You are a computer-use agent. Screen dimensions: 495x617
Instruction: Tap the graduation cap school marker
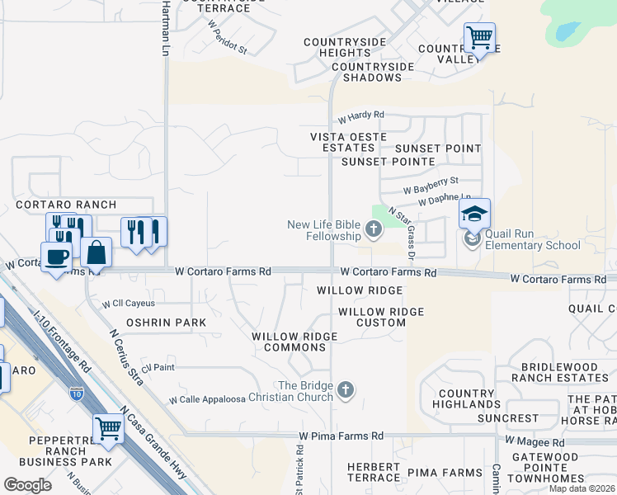474,214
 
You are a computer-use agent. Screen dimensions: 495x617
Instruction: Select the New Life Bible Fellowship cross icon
374,229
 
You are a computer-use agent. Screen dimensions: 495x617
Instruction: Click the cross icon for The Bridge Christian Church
346,389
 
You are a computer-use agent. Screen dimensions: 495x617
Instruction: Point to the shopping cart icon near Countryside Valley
479,38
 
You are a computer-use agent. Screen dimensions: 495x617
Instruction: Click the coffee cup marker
57,257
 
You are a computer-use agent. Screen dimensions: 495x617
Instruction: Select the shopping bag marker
97,254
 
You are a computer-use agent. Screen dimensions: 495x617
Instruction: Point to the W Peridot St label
227,38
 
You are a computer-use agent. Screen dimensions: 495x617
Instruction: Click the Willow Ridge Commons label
294,342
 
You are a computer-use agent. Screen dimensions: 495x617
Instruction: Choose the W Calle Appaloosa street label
208,399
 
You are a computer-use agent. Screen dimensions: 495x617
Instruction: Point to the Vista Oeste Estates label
342,142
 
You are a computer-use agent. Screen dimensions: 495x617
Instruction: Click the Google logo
28,485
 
